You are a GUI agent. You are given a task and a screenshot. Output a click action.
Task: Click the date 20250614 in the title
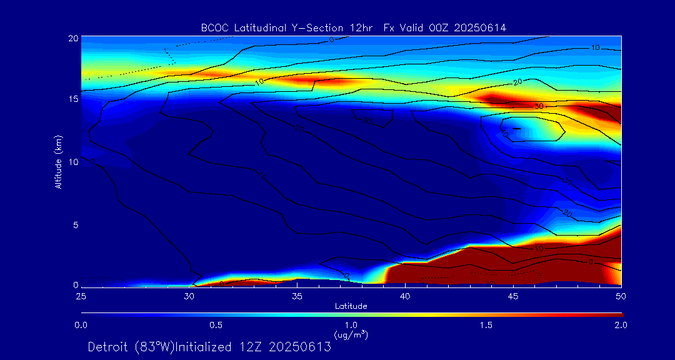pyautogui.click(x=482, y=27)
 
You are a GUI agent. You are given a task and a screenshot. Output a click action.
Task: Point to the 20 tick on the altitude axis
pyautogui.click(x=72, y=38)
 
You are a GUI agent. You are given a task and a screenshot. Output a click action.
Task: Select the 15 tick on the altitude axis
pyautogui.click(x=72, y=99)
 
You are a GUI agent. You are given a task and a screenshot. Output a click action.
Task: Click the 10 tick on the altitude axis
pyautogui.click(x=72, y=162)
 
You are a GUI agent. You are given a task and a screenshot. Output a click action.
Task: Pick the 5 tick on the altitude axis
pyautogui.click(x=75, y=224)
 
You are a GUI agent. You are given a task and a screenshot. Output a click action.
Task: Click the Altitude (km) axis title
pyautogui.click(x=58, y=162)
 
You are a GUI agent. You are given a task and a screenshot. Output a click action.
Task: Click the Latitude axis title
pyautogui.click(x=351, y=306)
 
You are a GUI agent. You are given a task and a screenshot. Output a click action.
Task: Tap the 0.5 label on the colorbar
pyautogui.click(x=216, y=325)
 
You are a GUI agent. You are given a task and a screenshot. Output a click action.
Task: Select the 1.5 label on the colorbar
pyautogui.click(x=486, y=325)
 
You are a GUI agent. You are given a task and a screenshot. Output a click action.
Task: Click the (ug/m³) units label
pyautogui.click(x=351, y=335)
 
